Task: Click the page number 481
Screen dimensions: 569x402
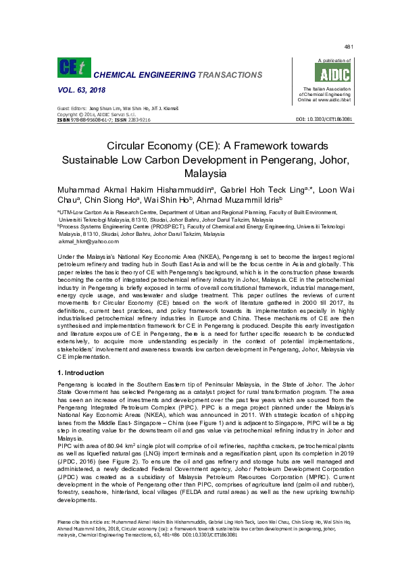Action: [349, 47]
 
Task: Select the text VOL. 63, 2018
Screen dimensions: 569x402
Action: [79, 89]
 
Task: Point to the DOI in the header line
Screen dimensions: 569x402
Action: [324, 119]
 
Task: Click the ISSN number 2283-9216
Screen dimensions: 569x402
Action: [137, 119]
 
